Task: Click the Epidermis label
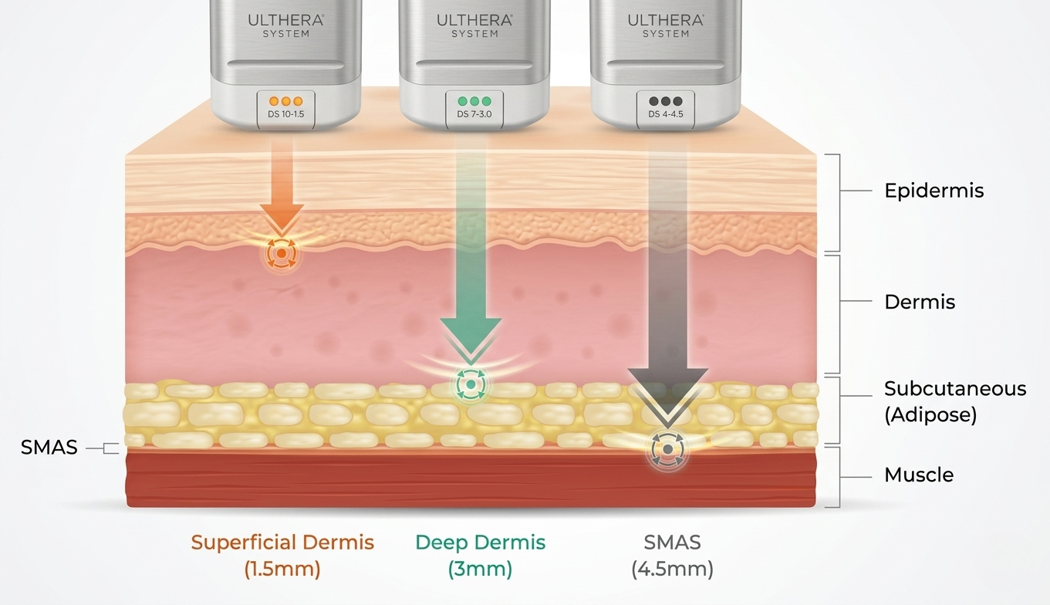coord(934,191)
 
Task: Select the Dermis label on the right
coord(920,302)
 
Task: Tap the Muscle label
coord(919,475)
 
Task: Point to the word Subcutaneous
coord(955,389)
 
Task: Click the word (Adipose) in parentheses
coord(930,414)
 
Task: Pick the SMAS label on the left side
coord(49,448)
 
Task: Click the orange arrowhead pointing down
coord(282,219)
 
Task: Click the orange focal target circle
coord(282,253)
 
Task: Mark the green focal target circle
coord(471,384)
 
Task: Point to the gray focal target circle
coord(668,449)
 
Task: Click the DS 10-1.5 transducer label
coord(286,114)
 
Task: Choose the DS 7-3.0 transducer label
coord(474,114)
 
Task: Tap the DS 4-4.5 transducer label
coord(666,114)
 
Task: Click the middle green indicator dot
coord(474,101)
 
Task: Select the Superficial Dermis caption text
coord(282,542)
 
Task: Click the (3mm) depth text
coord(480,569)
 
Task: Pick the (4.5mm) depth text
coord(672,569)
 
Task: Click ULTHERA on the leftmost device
coord(285,20)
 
